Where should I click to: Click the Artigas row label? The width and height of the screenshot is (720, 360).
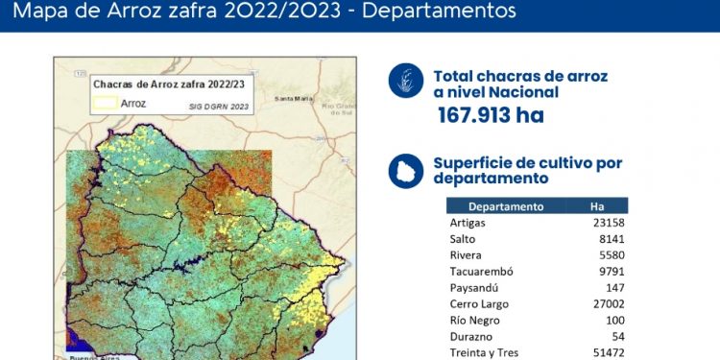tap(468, 222)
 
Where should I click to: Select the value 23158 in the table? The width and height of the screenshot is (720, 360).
tap(609, 222)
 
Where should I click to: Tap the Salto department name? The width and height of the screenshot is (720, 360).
tap(463, 238)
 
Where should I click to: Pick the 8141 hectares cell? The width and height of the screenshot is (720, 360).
tap(612, 238)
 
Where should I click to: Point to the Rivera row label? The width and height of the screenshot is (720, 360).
tap(466, 254)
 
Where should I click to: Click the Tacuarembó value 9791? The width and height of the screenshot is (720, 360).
tap(612, 271)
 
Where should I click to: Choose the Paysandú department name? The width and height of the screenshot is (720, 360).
tap(472, 287)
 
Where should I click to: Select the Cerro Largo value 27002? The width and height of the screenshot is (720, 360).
tap(609, 303)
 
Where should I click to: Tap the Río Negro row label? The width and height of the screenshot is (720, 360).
tap(475, 320)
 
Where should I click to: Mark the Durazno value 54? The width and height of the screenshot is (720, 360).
tap(618, 336)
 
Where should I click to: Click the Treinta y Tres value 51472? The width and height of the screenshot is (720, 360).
tap(609, 352)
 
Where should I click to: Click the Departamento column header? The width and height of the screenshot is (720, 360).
tap(506, 205)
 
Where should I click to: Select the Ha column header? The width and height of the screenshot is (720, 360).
tap(597, 205)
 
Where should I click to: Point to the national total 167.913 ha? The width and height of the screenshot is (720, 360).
tap(491, 116)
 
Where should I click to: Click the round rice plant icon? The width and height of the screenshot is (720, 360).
tap(406, 81)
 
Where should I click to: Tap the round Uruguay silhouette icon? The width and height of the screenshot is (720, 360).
tap(406, 170)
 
